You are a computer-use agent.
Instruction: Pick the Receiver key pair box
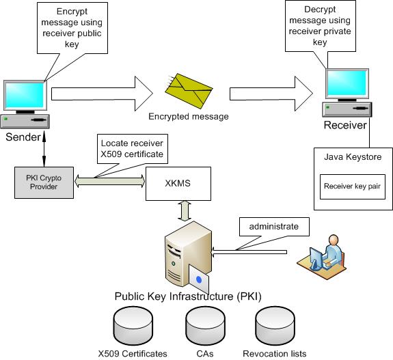[x=353, y=186]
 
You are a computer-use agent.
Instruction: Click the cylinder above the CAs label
[x=203, y=326]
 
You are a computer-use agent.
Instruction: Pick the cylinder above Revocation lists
[x=274, y=326]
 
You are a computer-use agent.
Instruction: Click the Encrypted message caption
[x=189, y=116]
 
